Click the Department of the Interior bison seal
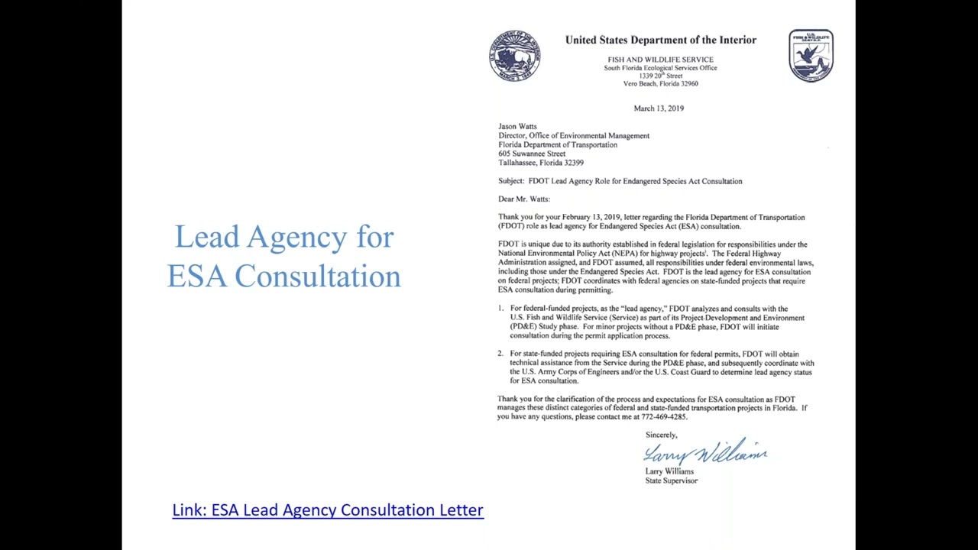pyautogui.click(x=515, y=56)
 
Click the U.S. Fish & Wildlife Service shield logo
pyautogui.click(x=811, y=56)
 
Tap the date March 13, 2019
pyautogui.click(x=659, y=108)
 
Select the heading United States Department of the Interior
pyautogui.click(x=661, y=40)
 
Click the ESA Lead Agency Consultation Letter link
pyautogui.click(x=328, y=510)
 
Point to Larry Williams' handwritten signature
pyautogui.click(x=704, y=452)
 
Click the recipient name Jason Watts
pyautogui.click(x=517, y=127)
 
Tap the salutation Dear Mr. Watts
pyautogui.click(x=523, y=199)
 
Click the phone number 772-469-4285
pyautogui.click(x=661, y=417)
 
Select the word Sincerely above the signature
pyautogui.click(x=661, y=435)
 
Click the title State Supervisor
pyautogui.click(x=671, y=480)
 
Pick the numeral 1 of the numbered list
pyautogui.click(x=500, y=309)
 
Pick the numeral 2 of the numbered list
pyautogui.click(x=500, y=354)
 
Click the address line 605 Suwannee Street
pyautogui.click(x=532, y=154)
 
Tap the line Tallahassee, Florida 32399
pyautogui.click(x=541, y=163)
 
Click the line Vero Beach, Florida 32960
pyautogui.click(x=660, y=84)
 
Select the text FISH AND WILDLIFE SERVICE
pyautogui.click(x=660, y=60)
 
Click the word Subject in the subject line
pyautogui.click(x=511, y=181)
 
